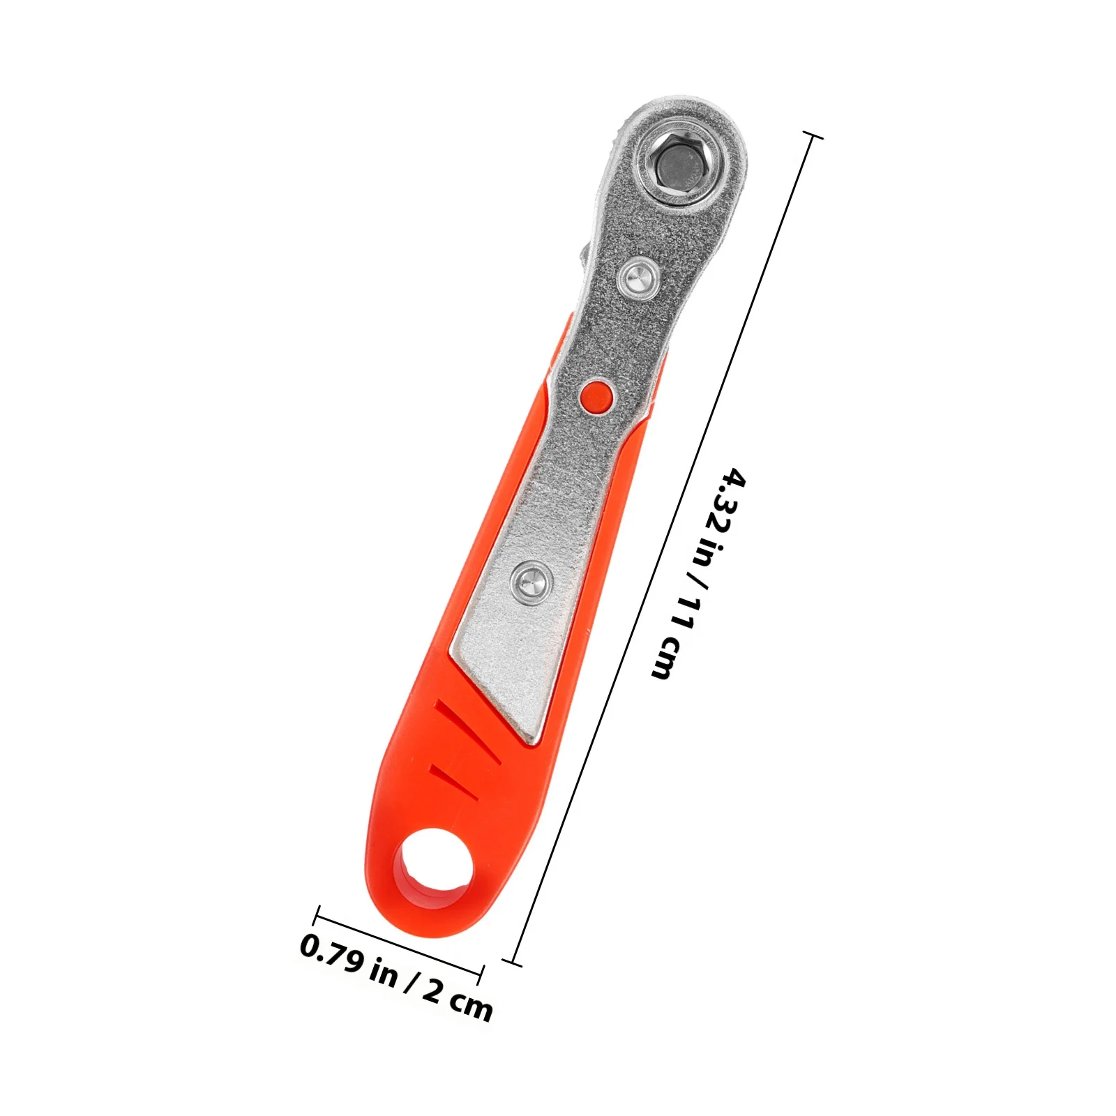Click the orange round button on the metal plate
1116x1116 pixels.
596,397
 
